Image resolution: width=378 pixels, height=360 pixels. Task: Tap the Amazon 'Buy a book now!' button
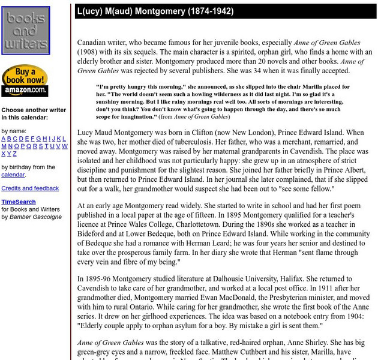click(25, 80)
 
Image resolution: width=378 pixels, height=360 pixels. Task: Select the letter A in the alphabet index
click(4, 139)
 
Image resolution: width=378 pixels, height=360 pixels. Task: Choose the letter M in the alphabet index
click(4, 146)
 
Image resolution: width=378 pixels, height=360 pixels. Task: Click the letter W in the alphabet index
click(64, 146)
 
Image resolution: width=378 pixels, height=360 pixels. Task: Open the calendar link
click(13, 175)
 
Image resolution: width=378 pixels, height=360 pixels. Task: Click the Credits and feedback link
click(30, 188)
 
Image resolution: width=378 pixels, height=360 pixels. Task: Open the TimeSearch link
click(18, 202)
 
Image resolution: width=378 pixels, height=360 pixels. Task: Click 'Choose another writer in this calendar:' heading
click(33, 114)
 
